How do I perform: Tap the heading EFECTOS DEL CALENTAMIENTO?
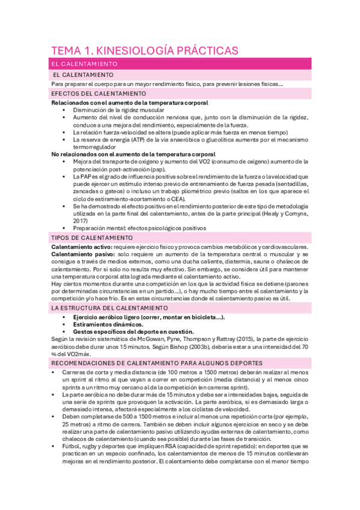pyautogui.click(x=98, y=94)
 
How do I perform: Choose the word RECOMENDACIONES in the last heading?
pyautogui.click(x=90, y=363)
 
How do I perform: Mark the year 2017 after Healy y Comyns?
pyautogui.click(x=81, y=220)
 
